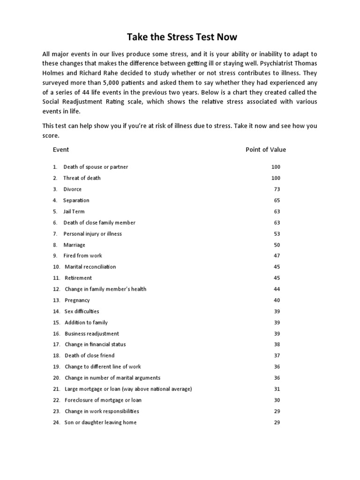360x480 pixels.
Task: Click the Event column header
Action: (x=60, y=150)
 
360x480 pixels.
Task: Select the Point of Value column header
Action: (x=265, y=150)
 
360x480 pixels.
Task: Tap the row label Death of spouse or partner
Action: (x=96, y=167)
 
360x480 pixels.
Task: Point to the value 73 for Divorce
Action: (x=277, y=189)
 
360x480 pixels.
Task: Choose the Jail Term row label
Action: (x=74, y=211)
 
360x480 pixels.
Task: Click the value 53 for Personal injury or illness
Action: (x=277, y=233)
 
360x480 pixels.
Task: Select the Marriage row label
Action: (x=75, y=245)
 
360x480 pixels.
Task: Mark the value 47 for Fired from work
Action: (x=277, y=255)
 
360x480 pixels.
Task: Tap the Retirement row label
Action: (x=78, y=278)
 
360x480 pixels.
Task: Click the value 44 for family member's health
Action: (x=277, y=289)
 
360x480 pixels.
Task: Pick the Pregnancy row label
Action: (x=77, y=300)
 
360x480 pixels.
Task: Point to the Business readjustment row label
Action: (x=92, y=334)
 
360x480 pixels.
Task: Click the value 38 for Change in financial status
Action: (x=277, y=344)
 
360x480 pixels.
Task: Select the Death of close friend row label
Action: (x=90, y=355)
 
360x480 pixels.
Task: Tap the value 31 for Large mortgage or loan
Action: (x=277, y=389)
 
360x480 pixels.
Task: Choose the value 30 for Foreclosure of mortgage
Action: (x=277, y=400)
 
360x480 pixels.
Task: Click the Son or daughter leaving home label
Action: (x=101, y=422)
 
